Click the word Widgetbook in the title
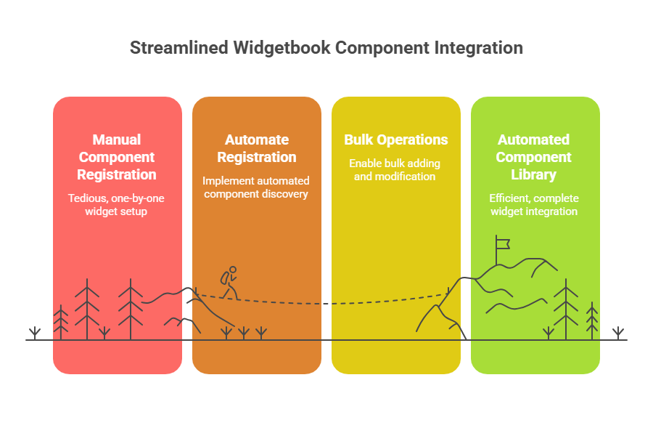[284, 49]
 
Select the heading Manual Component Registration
[117, 157]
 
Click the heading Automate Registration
[257, 148]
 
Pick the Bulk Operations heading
[396, 140]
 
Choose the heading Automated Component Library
[534, 157]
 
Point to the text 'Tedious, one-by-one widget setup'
[117, 205]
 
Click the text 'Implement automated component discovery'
[256, 187]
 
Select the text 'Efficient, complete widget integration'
[534, 205]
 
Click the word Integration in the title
[479, 49]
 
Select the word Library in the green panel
[534, 174]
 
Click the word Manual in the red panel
[117, 140]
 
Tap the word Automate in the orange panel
[257, 140]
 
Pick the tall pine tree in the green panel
[566, 309]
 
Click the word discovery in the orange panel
[287, 194]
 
